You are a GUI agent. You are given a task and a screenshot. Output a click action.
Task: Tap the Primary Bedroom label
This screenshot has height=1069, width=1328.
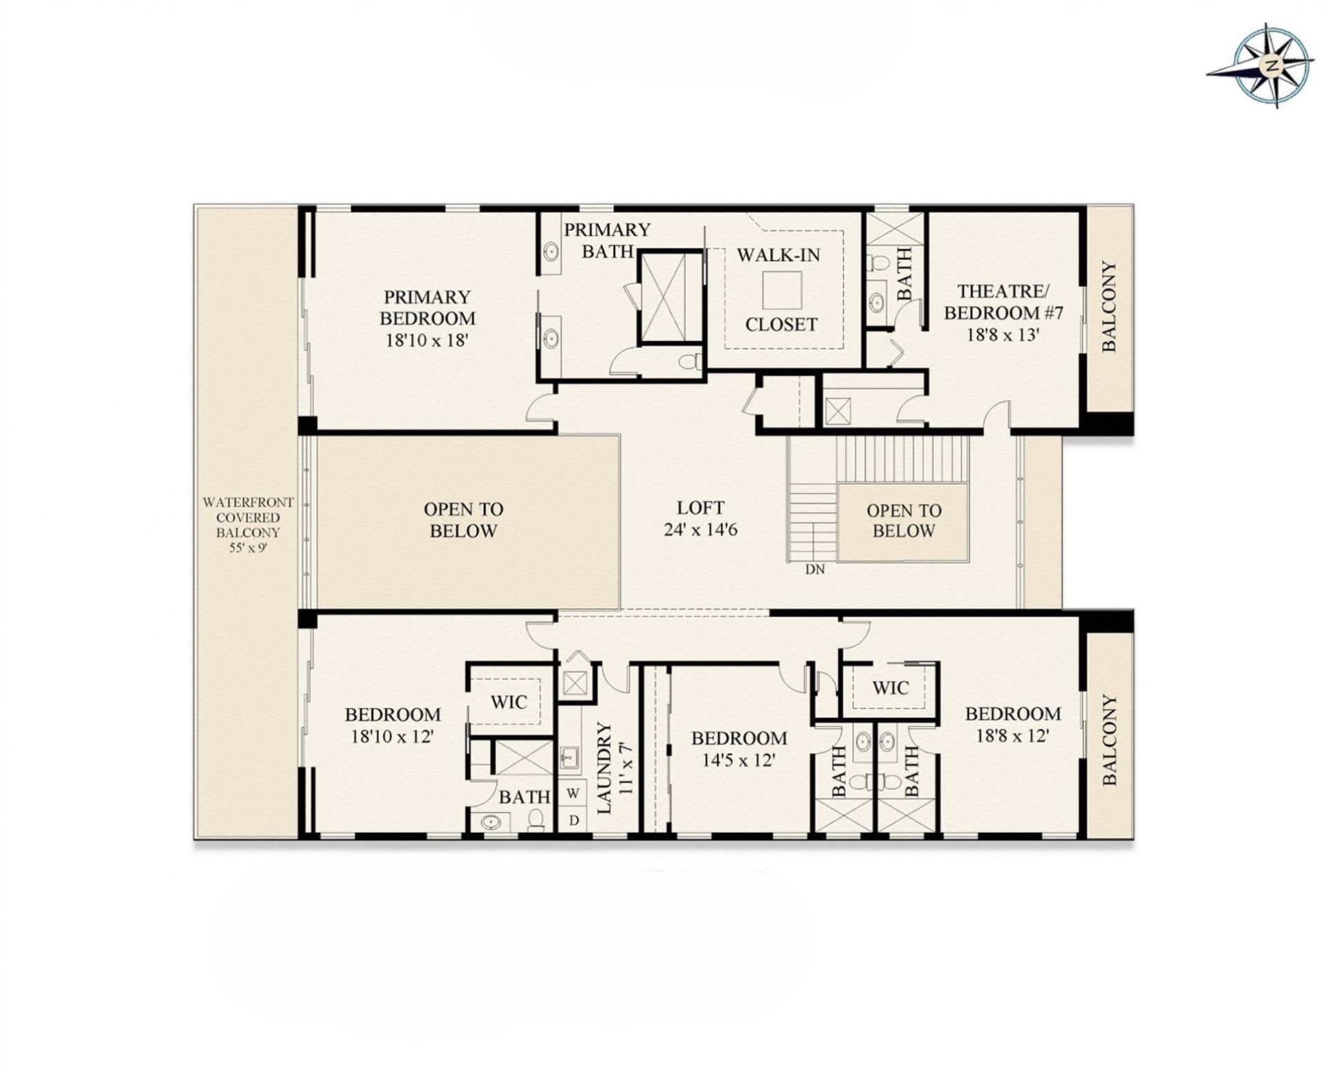427,308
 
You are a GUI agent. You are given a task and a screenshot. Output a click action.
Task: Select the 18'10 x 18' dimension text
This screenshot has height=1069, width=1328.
427,340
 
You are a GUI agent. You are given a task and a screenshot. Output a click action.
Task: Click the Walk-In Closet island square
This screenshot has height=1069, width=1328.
782,290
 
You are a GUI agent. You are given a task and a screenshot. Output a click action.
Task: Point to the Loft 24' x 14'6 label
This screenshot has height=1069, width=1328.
700,519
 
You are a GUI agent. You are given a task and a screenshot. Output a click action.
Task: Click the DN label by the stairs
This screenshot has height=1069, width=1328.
815,570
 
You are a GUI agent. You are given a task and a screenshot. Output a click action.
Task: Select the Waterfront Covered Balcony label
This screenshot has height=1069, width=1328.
248,524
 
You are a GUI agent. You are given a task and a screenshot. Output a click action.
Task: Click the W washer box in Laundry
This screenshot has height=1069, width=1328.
573,793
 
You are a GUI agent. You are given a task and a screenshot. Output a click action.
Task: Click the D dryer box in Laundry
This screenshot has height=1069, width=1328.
573,821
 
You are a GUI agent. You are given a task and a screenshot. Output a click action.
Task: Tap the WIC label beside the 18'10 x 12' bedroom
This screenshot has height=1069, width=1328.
508,702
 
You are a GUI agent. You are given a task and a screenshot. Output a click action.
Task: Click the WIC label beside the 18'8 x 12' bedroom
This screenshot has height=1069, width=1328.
890,688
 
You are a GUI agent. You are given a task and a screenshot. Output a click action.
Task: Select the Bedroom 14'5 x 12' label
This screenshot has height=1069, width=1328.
739,749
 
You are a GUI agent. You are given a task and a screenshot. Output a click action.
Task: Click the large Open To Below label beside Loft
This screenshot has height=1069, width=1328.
463,520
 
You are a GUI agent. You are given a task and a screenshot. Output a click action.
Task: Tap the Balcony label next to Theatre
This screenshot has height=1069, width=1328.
1109,307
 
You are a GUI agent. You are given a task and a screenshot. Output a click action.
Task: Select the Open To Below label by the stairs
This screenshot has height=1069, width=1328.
903,521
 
